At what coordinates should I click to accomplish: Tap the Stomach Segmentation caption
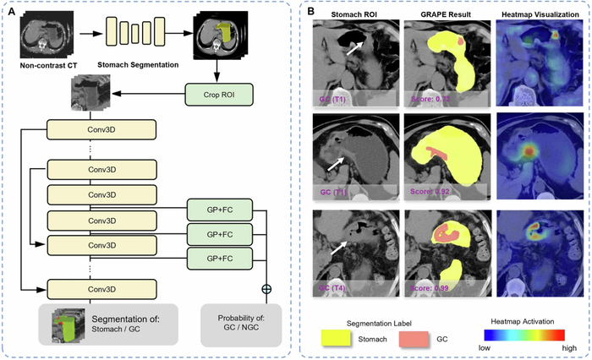[x=141, y=63]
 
